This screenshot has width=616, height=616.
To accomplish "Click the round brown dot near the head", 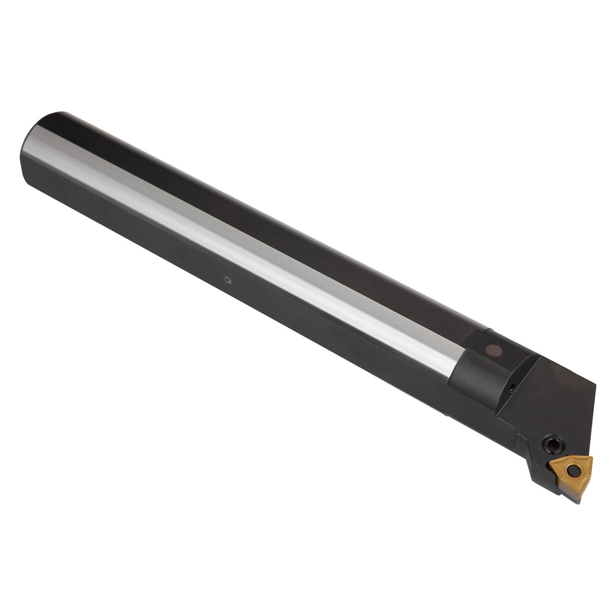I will (x=495, y=350).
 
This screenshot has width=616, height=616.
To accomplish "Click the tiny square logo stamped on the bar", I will (x=228, y=280).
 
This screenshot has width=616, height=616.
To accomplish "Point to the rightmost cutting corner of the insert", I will (x=591, y=458).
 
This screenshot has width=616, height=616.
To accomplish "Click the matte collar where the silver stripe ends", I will (x=476, y=375).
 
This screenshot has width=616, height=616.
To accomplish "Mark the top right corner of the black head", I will (x=595, y=385).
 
